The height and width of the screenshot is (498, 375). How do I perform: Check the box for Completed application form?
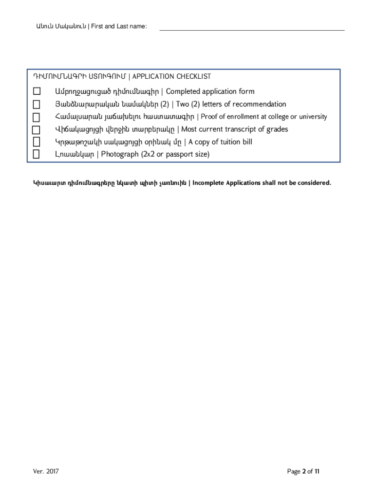(37, 91)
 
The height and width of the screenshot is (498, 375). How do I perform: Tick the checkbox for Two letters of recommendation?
(37, 104)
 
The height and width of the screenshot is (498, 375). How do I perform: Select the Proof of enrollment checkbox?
(37, 117)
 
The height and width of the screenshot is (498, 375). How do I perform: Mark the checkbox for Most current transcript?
(37, 130)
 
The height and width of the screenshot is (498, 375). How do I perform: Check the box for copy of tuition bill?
(37, 142)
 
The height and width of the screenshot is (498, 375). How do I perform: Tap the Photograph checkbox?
(37, 154)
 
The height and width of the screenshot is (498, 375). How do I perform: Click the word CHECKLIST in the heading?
(194, 77)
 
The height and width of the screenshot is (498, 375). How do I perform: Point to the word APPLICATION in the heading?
(153, 77)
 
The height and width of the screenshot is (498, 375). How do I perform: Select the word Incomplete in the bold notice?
(210, 183)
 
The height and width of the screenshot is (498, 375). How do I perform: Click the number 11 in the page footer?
(317, 471)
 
